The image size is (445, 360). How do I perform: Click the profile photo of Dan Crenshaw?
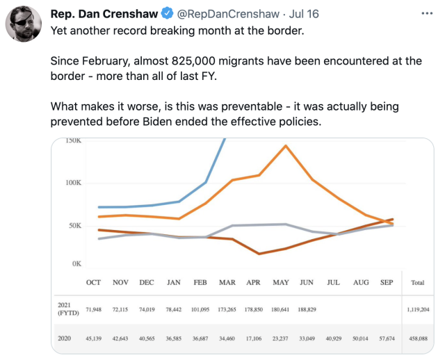coord(24,24)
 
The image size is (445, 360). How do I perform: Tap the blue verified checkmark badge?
coord(167,13)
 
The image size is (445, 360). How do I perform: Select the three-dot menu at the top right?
coord(426,13)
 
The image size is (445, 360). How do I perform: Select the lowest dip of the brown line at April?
coord(259,254)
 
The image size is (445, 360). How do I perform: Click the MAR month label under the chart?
coord(227,283)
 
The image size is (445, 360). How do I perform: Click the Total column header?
coord(418,283)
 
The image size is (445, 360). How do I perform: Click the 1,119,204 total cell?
coord(418,308)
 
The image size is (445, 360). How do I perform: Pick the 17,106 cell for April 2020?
coord(253,338)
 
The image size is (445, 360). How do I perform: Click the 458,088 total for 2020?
coord(418,338)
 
